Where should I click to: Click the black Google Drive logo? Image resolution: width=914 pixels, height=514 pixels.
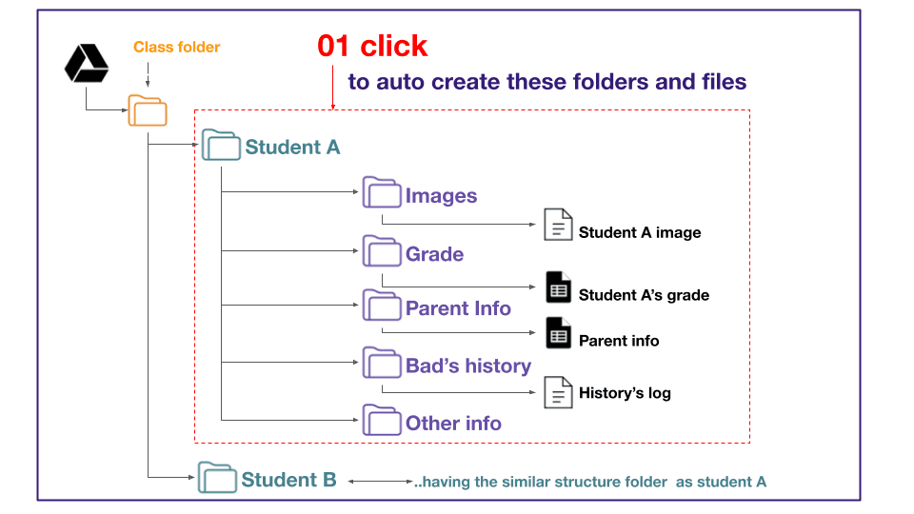click(x=87, y=63)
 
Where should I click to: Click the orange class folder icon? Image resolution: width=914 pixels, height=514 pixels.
click(x=148, y=110)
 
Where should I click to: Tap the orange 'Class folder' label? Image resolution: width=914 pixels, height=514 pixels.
click(x=177, y=48)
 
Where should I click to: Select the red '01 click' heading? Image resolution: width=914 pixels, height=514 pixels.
click(x=372, y=46)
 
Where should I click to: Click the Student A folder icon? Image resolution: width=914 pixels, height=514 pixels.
click(x=221, y=145)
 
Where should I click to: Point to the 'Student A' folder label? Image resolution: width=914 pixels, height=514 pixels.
click(x=292, y=147)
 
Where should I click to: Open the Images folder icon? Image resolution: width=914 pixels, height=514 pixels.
click(x=382, y=192)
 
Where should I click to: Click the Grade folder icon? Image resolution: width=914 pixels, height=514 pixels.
click(x=382, y=250)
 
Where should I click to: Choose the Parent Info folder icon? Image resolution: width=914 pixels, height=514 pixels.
click(x=382, y=305)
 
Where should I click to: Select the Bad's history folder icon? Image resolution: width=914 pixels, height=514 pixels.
click(x=382, y=363)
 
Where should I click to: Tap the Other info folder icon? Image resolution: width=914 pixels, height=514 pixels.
click(x=382, y=420)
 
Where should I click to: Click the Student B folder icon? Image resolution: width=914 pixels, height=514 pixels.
click(x=217, y=477)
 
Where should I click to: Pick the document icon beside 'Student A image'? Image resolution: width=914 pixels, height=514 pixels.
click(x=558, y=225)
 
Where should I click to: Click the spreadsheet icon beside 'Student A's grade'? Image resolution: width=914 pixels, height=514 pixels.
click(x=559, y=287)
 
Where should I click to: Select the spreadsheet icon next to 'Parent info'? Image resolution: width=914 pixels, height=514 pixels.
click(x=559, y=333)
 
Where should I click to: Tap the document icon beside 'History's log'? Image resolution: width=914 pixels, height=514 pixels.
click(x=558, y=392)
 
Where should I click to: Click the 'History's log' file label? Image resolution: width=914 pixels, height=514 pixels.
click(x=625, y=393)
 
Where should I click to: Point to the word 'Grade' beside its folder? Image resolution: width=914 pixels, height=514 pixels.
click(x=435, y=254)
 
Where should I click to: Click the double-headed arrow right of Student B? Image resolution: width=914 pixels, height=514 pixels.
click(x=381, y=482)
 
